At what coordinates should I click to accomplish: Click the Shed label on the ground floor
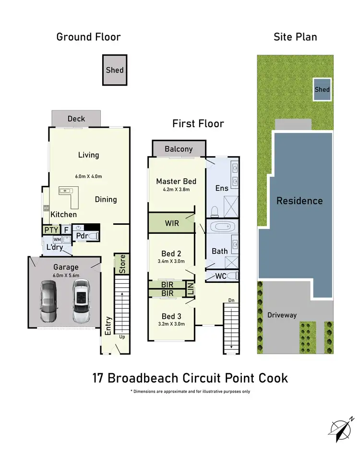click(115, 70)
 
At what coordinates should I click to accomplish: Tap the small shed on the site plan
click(322, 89)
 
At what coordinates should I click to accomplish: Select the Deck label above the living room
click(76, 119)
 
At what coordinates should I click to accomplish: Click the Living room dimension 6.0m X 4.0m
click(89, 176)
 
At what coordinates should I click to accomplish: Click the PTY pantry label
click(51, 231)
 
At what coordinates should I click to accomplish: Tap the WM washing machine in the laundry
click(57, 240)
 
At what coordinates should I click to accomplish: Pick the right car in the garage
click(81, 302)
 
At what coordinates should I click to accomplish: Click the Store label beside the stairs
click(122, 264)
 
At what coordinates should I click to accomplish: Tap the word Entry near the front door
click(108, 325)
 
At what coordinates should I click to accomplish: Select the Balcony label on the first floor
click(179, 149)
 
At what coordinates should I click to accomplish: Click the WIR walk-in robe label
click(171, 224)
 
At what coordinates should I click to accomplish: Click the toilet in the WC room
click(231, 276)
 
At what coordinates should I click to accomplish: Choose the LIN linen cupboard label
click(191, 289)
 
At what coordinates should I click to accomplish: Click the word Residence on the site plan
click(300, 201)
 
